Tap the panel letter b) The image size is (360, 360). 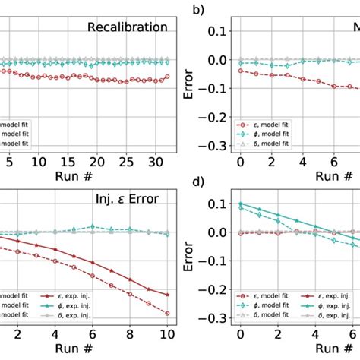(201, 10)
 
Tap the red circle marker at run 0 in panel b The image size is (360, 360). (240, 70)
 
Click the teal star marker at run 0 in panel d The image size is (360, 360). (240, 204)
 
